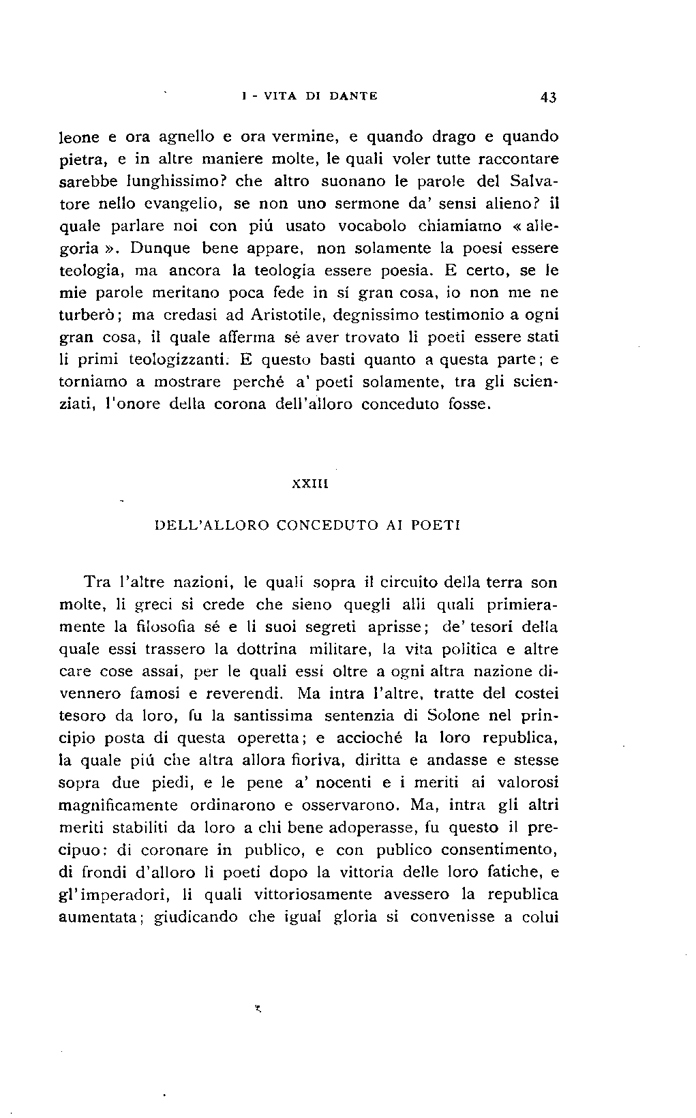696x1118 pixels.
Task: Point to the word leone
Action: coord(80,137)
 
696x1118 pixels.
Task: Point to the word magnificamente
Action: coord(119,805)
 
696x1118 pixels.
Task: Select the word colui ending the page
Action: coord(541,917)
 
